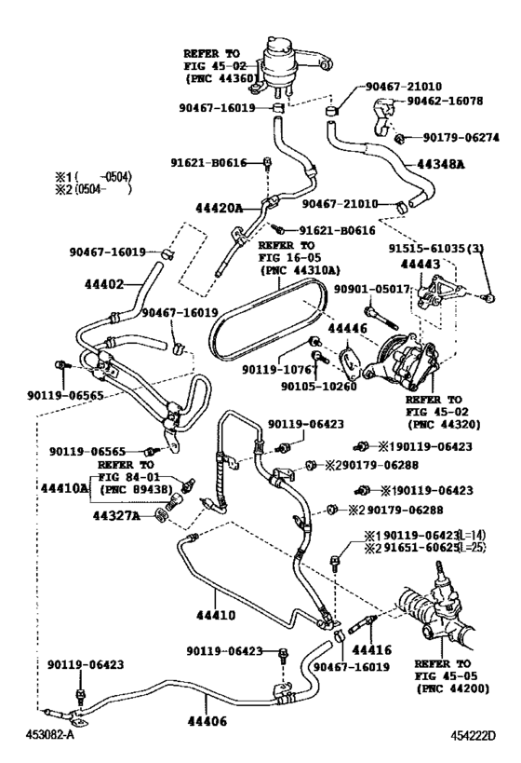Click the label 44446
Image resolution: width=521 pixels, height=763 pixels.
point(341,329)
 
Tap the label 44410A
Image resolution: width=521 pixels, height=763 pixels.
point(64,487)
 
